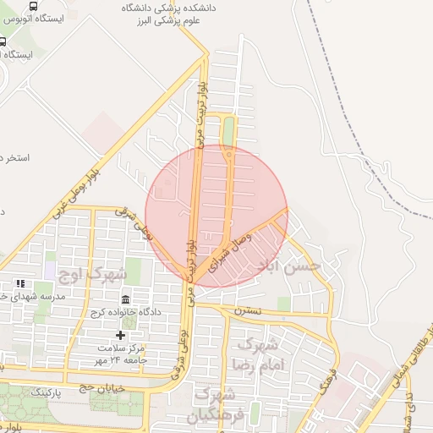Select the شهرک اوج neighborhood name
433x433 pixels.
(92, 274)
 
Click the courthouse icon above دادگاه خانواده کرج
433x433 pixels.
(126, 300)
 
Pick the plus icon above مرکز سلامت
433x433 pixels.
(121, 336)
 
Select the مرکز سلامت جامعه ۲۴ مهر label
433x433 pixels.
(123, 354)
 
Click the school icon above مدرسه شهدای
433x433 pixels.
(19, 284)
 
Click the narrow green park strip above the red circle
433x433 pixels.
(228, 131)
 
